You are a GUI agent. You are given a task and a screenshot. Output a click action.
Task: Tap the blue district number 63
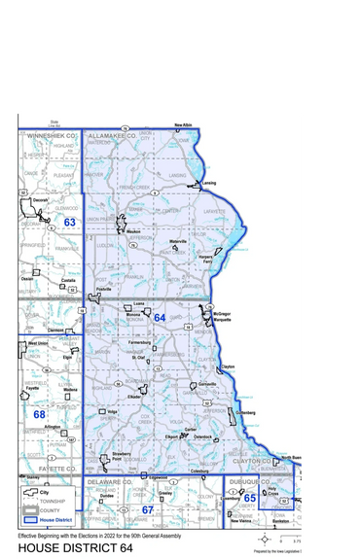70,223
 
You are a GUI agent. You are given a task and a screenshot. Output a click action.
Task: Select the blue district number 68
40,415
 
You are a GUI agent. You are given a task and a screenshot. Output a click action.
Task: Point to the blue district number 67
148,508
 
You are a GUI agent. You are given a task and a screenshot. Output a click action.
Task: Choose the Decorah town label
40,198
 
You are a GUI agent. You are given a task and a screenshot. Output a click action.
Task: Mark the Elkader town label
136,397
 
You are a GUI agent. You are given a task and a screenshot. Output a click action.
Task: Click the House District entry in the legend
54,521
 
